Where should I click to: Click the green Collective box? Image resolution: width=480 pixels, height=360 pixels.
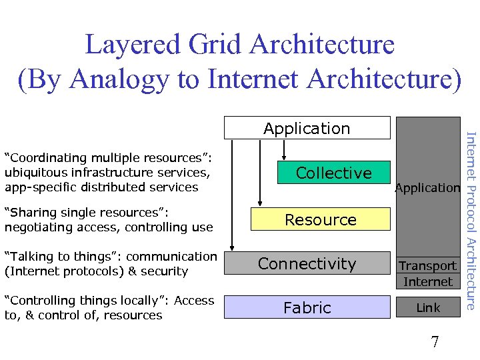tap(333, 173)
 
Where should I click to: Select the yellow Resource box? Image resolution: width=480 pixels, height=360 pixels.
tap(320, 219)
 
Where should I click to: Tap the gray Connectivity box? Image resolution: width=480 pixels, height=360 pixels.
tap(307, 263)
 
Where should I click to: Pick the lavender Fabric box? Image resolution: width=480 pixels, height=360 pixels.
tap(307, 307)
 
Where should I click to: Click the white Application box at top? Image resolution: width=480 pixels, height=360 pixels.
tap(307, 128)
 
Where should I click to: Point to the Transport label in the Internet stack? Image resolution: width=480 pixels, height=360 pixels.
tap(427, 265)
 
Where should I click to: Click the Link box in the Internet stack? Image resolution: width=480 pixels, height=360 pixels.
tap(427, 307)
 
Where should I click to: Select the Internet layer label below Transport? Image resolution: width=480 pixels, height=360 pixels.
tap(427, 281)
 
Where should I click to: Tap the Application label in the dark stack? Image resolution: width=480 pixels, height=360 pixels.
tap(427, 188)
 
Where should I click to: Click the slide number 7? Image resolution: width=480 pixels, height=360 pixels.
tap(435, 343)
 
